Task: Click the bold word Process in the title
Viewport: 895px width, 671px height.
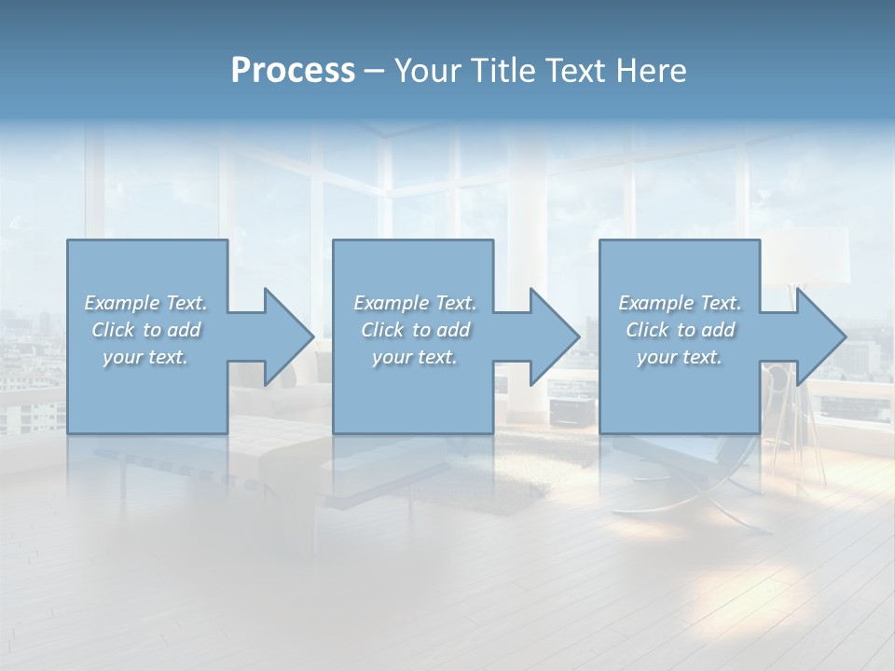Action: [x=293, y=71]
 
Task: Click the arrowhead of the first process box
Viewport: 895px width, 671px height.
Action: [x=284, y=336]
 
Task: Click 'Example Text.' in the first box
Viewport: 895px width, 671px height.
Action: [x=145, y=303]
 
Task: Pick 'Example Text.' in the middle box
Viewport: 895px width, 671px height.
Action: [x=415, y=303]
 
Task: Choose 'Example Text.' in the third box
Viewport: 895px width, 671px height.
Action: [x=680, y=303]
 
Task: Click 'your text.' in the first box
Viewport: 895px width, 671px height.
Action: [x=145, y=357]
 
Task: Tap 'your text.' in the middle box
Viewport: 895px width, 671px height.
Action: [x=415, y=357]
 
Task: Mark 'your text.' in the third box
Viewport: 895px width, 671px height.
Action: [x=680, y=357]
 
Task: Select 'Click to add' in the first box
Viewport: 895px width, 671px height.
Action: [x=145, y=330]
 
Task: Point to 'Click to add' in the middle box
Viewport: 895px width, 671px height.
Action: [x=415, y=330]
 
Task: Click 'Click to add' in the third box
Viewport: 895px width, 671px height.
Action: [x=680, y=330]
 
